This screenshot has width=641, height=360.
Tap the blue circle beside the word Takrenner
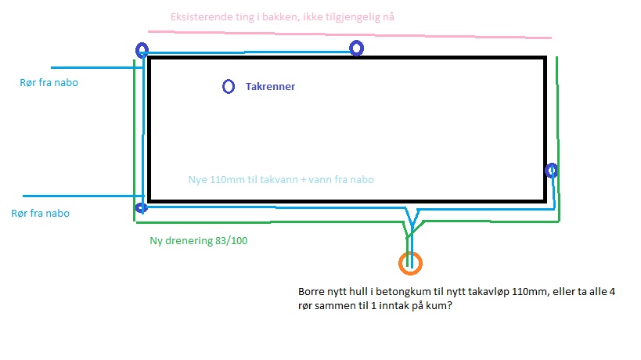click(223, 87)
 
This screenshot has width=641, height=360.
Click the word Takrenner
click(270, 87)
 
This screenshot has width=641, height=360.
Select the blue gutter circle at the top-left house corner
click(136, 50)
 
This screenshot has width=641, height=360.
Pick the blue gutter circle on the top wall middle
click(351, 49)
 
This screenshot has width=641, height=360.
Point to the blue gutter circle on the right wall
click(546, 170)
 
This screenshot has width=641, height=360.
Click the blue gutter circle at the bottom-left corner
click(136, 208)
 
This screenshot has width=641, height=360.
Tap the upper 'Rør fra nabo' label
click(49, 82)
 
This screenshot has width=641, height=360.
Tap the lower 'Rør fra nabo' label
click(41, 214)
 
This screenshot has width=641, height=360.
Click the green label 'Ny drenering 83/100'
click(198, 241)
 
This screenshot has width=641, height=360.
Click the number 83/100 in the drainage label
click(232, 241)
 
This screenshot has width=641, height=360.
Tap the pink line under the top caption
click(350, 34)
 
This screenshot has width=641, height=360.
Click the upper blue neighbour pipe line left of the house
click(97, 67)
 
